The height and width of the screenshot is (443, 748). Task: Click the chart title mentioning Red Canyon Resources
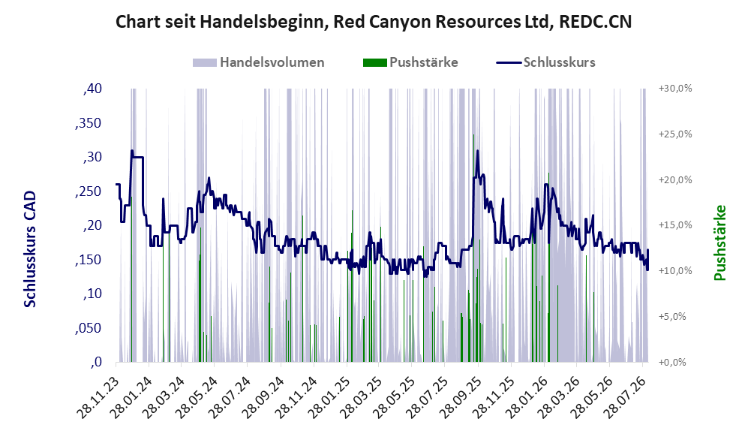coord(374,22)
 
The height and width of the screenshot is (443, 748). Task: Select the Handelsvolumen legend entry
coord(259,62)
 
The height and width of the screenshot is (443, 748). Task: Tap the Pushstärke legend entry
coord(410,62)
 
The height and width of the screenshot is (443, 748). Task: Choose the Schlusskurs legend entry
coord(545,62)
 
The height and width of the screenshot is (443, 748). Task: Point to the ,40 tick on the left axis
coord(92,89)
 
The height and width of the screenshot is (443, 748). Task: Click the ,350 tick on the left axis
coord(89,123)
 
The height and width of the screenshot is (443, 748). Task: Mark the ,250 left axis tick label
coord(89,191)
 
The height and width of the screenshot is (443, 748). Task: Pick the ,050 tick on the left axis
coord(89,328)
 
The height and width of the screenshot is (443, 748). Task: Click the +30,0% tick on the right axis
coord(675,89)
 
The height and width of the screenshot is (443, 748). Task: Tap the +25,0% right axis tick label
coord(675,134)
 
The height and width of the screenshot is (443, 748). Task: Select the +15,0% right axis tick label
coord(675,225)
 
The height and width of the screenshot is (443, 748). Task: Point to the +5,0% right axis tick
coord(672,317)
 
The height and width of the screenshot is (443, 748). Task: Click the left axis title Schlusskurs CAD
coord(30,249)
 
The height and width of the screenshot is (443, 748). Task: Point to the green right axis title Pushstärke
coord(719,243)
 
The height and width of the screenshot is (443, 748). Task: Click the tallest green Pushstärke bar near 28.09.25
coord(473,249)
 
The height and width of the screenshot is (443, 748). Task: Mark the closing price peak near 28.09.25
coord(477,152)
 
